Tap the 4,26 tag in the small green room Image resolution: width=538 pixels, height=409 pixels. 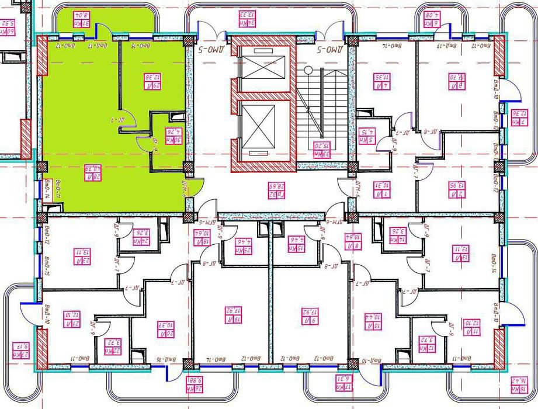(x=171, y=136)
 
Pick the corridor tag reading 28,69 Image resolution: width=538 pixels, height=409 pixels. (x=273, y=189)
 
